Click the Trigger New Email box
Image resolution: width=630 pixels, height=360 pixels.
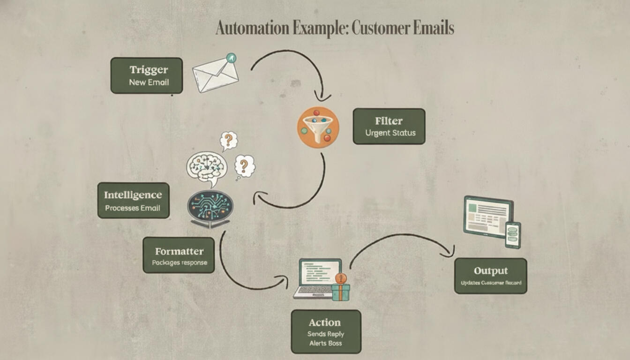coord(146,75)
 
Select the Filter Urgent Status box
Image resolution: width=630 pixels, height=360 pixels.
coord(389,126)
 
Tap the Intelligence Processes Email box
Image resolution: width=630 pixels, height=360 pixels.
coord(133,200)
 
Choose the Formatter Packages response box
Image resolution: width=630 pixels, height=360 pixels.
coord(179,255)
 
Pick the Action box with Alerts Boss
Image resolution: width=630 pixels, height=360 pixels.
coord(326,331)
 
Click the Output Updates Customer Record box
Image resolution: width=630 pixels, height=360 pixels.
coord(490,276)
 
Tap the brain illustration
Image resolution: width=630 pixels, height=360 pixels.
coord(207,166)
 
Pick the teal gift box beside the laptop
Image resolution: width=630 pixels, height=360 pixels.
coord(341,291)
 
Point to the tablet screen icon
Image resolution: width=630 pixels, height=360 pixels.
coord(487,216)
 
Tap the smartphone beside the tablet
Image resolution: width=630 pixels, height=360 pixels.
coord(513,234)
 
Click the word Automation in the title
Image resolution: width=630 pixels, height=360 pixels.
coord(252,28)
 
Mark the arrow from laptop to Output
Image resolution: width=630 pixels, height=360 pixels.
coord(398,237)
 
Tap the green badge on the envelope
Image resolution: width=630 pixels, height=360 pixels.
coord(231,58)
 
